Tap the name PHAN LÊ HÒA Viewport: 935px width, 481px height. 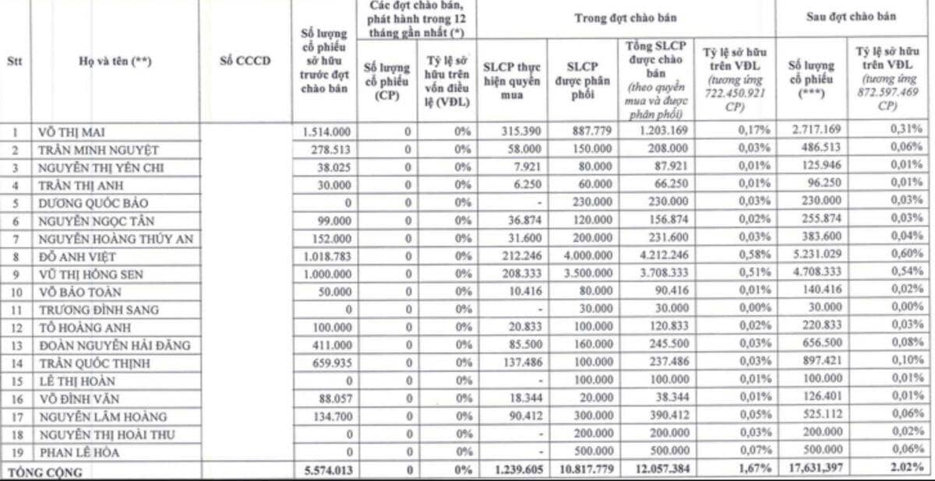pos(76,451)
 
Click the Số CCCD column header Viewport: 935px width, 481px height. pos(245,62)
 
